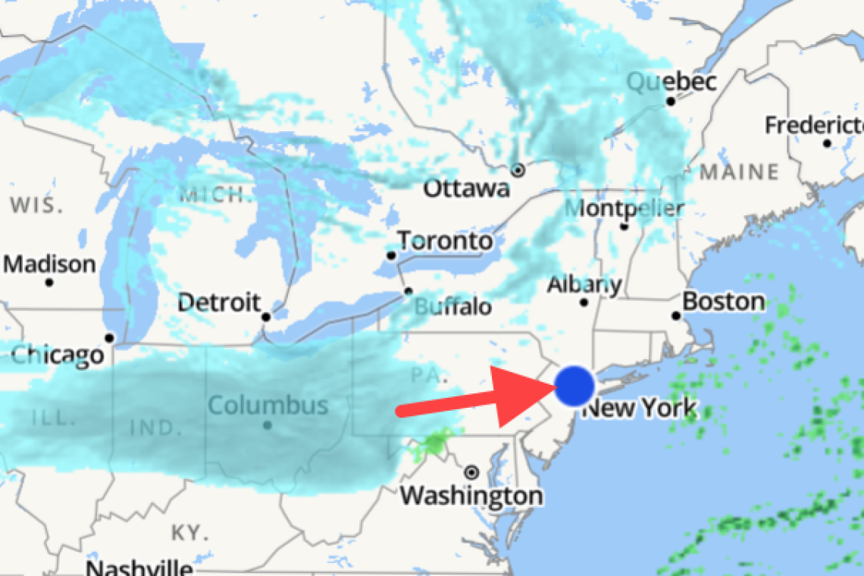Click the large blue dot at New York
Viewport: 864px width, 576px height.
coord(574,386)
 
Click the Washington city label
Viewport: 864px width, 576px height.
coord(471,496)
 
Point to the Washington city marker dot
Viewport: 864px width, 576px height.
coord(472,472)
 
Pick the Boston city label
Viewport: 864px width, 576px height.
coord(724,302)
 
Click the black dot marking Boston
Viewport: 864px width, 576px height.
coord(676,316)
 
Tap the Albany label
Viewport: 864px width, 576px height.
coord(584,286)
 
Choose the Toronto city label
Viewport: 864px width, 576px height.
coord(445,242)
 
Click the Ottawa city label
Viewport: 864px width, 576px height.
coord(466,189)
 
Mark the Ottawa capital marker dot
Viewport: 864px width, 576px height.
coord(518,170)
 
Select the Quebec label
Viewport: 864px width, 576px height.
coord(671,82)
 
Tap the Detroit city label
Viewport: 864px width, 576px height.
coord(220,303)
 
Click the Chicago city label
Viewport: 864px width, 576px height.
coord(57,354)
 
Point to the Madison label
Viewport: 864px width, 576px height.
coord(50,265)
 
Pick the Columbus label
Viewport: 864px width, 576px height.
coord(268,405)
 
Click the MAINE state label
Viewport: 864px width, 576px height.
coord(738,172)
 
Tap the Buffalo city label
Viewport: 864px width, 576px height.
coord(452,307)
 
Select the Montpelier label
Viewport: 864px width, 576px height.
coord(625,208)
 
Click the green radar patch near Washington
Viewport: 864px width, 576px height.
coord(435,443)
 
